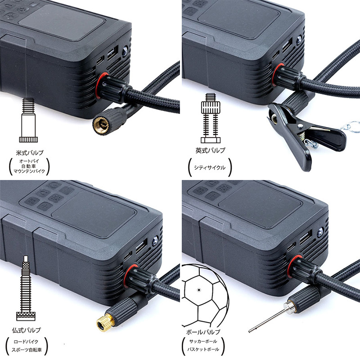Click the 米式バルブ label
coord(30,153)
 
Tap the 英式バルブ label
coord(210,150)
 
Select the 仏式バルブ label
coord(27,330)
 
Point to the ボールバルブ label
coord(203,332)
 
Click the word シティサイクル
coord(210,167)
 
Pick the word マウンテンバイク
coord(29,171)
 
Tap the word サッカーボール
coord(203,342)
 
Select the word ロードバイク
coord(26,342)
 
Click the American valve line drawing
coord(28,120)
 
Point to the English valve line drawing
coord(211,118)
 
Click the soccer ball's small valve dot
coord(199,290)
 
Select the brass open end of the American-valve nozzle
coord(101,126)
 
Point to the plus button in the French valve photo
coord(45,206)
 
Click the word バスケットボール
coord(203,350)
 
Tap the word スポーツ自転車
coord(27,350)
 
